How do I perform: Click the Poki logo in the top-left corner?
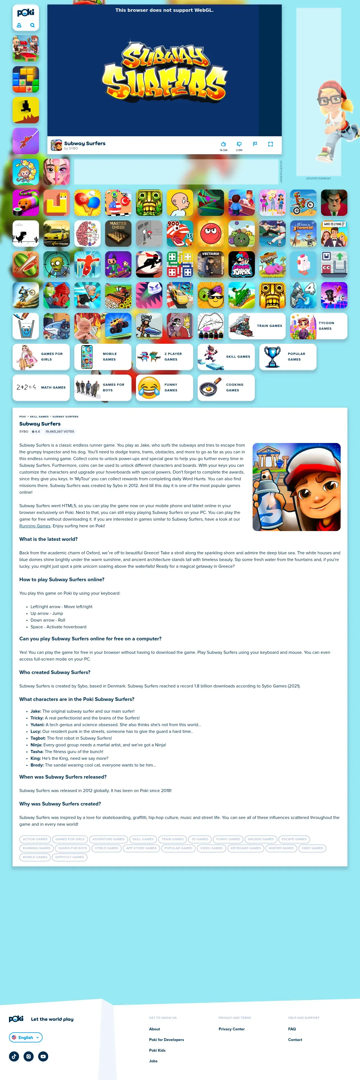[26, 13]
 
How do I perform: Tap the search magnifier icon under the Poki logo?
[32, 25]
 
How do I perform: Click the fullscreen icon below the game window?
[270, 144]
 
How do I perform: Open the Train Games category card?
[257, 326]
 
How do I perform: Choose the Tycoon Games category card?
[319, 326]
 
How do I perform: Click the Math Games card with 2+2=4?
[41, 387]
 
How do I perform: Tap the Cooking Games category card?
[226, 387]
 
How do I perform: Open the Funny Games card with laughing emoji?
[164, 387]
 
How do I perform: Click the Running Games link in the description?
[35, 526]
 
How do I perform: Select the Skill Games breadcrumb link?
[39, 416]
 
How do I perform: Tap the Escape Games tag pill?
[294, 839]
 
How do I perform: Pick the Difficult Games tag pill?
[70, 857]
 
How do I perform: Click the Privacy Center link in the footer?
[231, 1029]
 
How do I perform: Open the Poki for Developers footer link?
[166, 1039]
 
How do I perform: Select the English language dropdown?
[26, 1037]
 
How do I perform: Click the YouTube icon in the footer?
[43, 1056]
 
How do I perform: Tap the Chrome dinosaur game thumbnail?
[26, 234]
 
